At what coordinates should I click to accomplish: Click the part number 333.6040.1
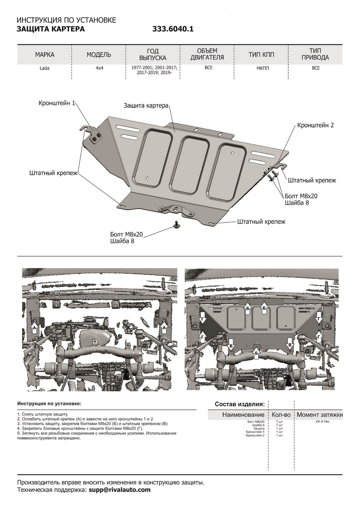(173, 29)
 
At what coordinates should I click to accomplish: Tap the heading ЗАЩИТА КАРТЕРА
(50, 29)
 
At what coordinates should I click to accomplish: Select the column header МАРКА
(45, 55)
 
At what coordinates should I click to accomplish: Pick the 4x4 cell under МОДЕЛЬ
(98, 68)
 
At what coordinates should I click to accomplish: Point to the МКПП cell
(262, 68)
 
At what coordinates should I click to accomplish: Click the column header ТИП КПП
(262, 55)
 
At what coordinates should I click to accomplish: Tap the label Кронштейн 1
(57, 103)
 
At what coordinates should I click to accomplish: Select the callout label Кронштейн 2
(315, 125)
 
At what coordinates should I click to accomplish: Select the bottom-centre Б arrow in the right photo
(256, 351)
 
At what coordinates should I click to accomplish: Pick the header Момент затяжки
(319, 414)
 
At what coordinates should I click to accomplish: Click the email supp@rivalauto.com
(119, 489)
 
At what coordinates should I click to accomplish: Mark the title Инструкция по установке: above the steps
(49, 403)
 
